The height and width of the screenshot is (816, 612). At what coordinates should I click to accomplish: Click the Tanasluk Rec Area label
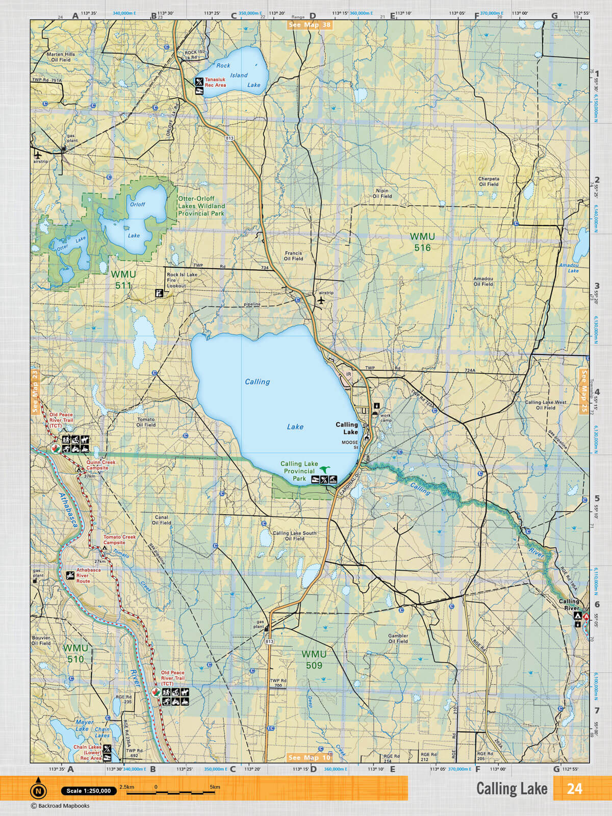tap(215, 83)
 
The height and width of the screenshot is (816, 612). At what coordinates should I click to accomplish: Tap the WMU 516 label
tap(422, 242)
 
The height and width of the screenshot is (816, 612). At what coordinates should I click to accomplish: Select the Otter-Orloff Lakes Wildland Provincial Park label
tap(201, 206)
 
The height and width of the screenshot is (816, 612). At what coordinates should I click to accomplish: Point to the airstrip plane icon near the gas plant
tap(38, 154)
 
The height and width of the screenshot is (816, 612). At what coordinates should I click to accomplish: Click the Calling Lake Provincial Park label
tap(299, 471)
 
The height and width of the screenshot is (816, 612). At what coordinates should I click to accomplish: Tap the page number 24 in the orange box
tap(574, 788)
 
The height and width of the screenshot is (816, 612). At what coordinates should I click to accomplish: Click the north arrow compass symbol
tap(38, 789)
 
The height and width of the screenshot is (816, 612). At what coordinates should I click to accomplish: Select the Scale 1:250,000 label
tap(88, 791)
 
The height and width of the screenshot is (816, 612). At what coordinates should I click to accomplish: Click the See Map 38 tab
tap(310, 24)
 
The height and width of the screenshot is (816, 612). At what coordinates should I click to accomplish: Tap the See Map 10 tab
tap(309, 757)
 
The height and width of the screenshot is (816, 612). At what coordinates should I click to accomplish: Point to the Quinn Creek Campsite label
tap(100, 465)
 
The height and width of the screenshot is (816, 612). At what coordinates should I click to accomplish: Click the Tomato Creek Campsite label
tap(120, 540)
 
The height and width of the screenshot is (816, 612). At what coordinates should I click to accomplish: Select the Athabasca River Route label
tap(88, 575)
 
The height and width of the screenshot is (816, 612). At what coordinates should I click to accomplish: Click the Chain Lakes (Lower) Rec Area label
tap(87, 752)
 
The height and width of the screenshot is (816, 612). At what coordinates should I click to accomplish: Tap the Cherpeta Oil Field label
tap(489, 182)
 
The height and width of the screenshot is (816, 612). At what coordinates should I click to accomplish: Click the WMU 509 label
tap(314, 659)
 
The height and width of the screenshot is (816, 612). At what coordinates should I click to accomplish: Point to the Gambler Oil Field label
tap(398, 639)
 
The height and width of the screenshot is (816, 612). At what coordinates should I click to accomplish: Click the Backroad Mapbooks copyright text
tap(60, 806)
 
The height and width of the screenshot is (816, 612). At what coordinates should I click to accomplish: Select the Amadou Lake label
tap(569, 268)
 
